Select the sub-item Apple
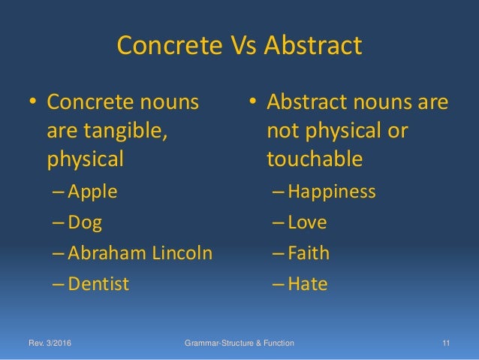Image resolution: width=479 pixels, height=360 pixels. click(x=92, y=191)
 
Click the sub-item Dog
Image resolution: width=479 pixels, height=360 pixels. click(x=85, y=222)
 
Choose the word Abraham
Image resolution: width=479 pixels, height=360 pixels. click(x=102, y=253)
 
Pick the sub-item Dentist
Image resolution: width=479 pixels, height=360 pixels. click(x=98, y=284)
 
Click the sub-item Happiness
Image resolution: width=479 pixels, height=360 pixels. click(x=331, y=191)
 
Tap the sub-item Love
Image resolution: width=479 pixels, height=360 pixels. click(x=307, y=222)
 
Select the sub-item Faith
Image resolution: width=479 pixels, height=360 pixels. click(x=309, y=253)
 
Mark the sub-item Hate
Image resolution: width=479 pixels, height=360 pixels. click(x=307, y=284)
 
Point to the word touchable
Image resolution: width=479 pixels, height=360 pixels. click(x=315, y=160)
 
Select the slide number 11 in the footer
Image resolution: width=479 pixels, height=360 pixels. click(x=446, y=343)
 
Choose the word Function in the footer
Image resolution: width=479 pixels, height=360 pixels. click(x=275, y=343)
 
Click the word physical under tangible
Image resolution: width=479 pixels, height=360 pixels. click(x=84, y=160)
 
